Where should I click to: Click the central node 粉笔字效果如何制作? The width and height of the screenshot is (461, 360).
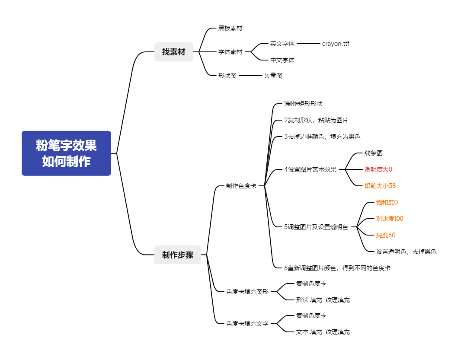coord(66,153)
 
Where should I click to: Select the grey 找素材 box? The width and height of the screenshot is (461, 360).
coord(174,52)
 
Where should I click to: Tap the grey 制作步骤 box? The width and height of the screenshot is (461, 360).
coord(178,255)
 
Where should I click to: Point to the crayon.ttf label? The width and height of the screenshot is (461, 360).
coord(336,44)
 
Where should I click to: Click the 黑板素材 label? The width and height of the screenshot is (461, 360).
coord(230,28)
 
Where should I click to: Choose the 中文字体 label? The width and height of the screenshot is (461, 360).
coord(282,60)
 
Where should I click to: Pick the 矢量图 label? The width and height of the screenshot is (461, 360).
coord(273,76)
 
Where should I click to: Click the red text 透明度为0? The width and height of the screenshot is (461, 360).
coord(378,169)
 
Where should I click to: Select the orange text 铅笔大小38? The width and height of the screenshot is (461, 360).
coord(380,186)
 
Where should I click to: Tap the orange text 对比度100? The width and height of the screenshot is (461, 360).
coord(390,219)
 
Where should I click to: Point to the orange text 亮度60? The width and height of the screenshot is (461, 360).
coord(386,236)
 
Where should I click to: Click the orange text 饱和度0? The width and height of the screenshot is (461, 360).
coord(387,203)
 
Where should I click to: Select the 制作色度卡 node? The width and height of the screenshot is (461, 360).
coord(241,186)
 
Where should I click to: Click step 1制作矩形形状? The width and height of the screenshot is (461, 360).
coord(303,104)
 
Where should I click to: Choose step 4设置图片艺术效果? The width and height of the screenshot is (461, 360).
coord(310,169)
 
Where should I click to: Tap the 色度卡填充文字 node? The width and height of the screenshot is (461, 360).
coord(247,324)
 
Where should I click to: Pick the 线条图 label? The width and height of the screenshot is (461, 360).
coord(373,153)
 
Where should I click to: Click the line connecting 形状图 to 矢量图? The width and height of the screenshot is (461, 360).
coord(250,76)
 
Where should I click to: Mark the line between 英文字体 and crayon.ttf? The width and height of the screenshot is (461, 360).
coord(308,44)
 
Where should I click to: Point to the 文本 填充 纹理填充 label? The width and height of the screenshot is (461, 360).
coord(323,332)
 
